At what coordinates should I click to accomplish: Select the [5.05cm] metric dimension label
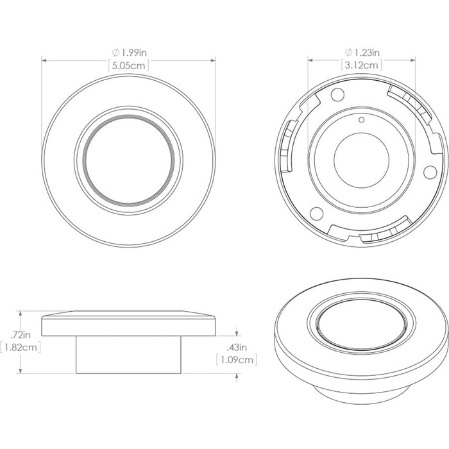coord(128,65)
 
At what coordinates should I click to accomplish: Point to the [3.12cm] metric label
coord(362,65)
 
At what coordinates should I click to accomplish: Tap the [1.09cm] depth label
coord(237,360)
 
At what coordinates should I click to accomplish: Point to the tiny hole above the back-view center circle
coord(361,119)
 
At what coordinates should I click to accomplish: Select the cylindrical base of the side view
coord(128,355)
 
